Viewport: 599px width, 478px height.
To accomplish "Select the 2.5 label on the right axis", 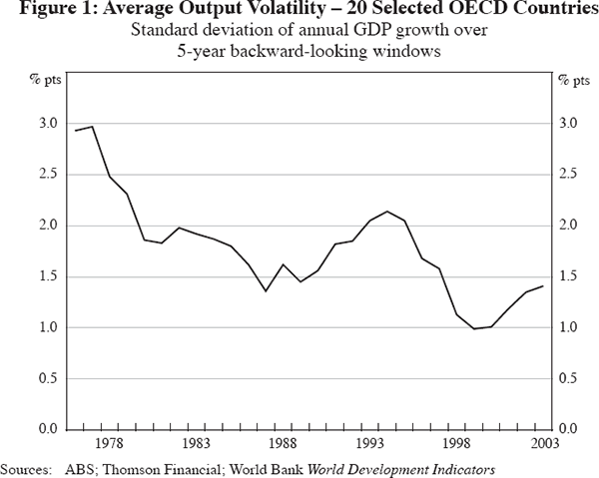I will [569, 175].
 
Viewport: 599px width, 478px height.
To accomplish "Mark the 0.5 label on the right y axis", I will [569, 378].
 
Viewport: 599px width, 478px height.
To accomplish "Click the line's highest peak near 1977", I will [93, 127].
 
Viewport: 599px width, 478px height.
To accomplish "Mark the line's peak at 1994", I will [387, 211].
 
